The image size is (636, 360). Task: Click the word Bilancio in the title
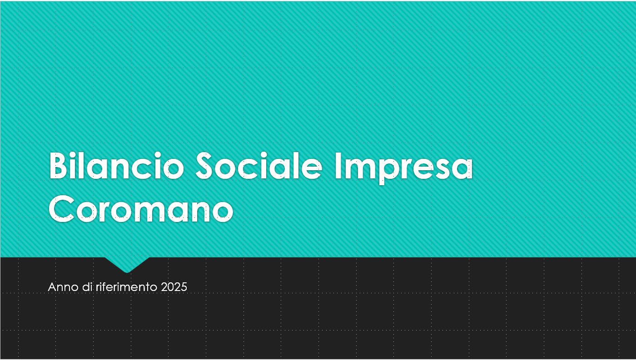(x=117, y=166)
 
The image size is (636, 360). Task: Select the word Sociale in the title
(x=259, y=166)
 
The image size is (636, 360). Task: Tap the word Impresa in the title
(x=403, y=168)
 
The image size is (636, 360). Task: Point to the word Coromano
(x=141, y=208)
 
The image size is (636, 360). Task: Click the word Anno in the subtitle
(x=63, y=287)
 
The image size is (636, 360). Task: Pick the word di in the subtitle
(x=88, y=287)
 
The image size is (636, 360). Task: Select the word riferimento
(x=126, y=287)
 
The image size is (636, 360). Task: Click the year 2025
(x=174, y=287)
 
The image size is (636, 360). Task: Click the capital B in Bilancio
(x=59, y=166)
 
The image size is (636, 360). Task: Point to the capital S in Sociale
(x=204, y=166)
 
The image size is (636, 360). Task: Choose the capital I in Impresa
(x=338, y=166)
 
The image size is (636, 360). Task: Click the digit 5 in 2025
(x=184, y=287)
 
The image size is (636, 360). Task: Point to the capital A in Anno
(x=52, y=287)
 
